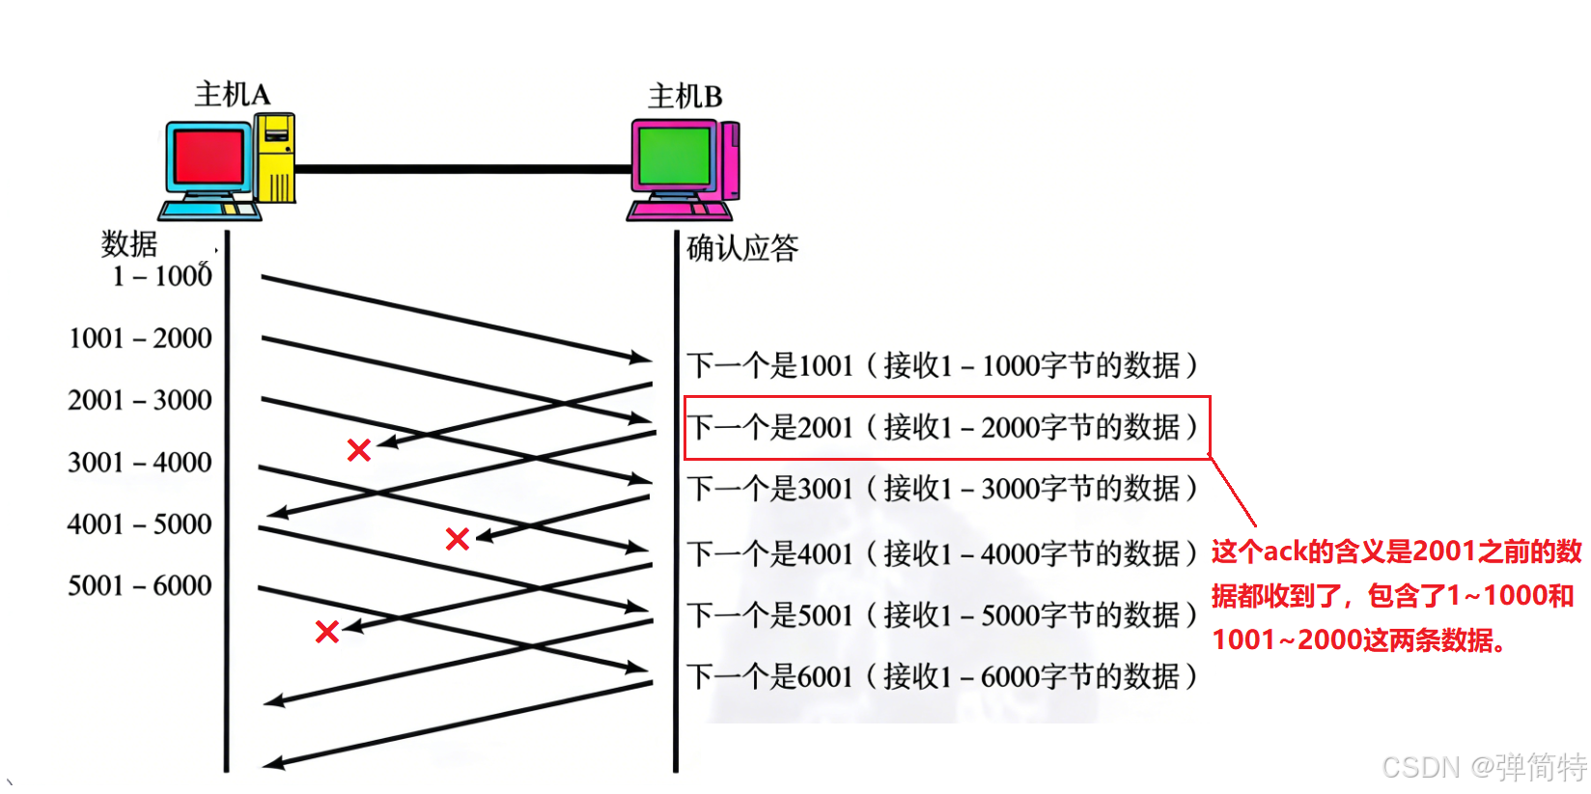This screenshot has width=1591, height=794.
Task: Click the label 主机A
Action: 233,95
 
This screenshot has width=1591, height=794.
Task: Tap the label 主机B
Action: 684,97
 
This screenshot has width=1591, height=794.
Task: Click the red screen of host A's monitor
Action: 209,156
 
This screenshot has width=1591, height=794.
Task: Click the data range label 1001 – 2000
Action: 140,338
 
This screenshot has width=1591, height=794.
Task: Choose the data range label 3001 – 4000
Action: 140,462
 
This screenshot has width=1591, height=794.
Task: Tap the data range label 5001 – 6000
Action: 140,585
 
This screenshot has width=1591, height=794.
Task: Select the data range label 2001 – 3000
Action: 140,400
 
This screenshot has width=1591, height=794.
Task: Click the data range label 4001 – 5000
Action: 140,524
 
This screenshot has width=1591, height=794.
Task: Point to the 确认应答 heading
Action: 742,248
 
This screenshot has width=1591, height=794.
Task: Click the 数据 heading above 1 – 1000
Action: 129,243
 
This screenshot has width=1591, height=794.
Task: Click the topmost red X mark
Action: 359,449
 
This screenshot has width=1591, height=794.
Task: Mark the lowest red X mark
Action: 327,632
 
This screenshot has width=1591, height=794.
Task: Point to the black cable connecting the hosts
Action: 463,169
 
